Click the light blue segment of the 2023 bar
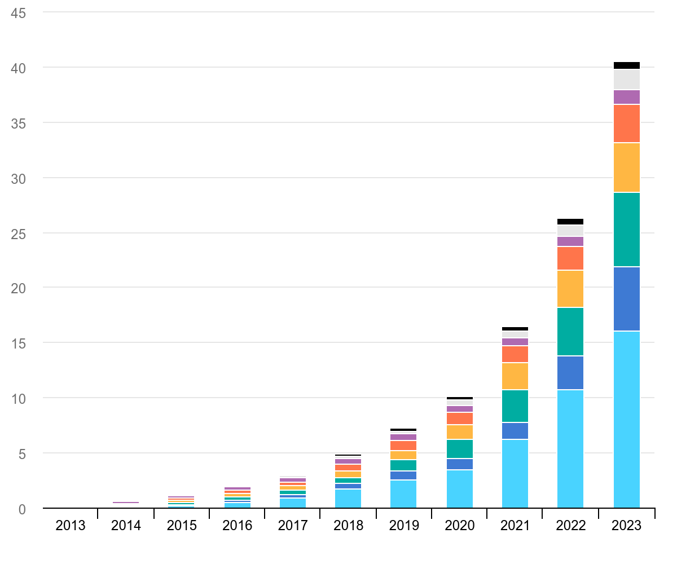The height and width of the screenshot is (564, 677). point(626,419)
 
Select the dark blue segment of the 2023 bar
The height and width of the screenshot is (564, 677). point(626,299)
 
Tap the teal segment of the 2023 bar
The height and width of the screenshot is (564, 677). point(626,230)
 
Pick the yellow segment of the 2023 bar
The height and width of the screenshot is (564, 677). point(626,168)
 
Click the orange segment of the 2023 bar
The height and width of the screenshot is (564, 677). point(626,124)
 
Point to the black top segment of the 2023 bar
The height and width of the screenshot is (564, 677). point(626,65)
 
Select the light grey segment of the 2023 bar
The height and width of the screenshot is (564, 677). point(626,80)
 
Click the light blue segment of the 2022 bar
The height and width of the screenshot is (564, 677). point(570,449)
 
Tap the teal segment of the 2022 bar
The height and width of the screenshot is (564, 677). point(570,332)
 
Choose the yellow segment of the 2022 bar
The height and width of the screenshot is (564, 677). point(570,289)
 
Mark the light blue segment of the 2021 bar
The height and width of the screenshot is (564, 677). point(515,474)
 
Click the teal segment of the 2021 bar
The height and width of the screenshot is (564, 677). point(515,406)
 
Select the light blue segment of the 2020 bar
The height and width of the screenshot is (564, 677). point(460,489)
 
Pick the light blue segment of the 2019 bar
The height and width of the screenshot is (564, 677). point(404,494)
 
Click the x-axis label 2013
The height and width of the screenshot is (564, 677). point(71,526)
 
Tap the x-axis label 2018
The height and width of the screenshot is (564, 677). point(348,526)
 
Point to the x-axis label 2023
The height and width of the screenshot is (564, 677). point(626,526)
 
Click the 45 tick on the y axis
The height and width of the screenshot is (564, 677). point(18,12)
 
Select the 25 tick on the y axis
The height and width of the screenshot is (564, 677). point(18,233)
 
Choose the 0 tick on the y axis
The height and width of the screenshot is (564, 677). point(22,509)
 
